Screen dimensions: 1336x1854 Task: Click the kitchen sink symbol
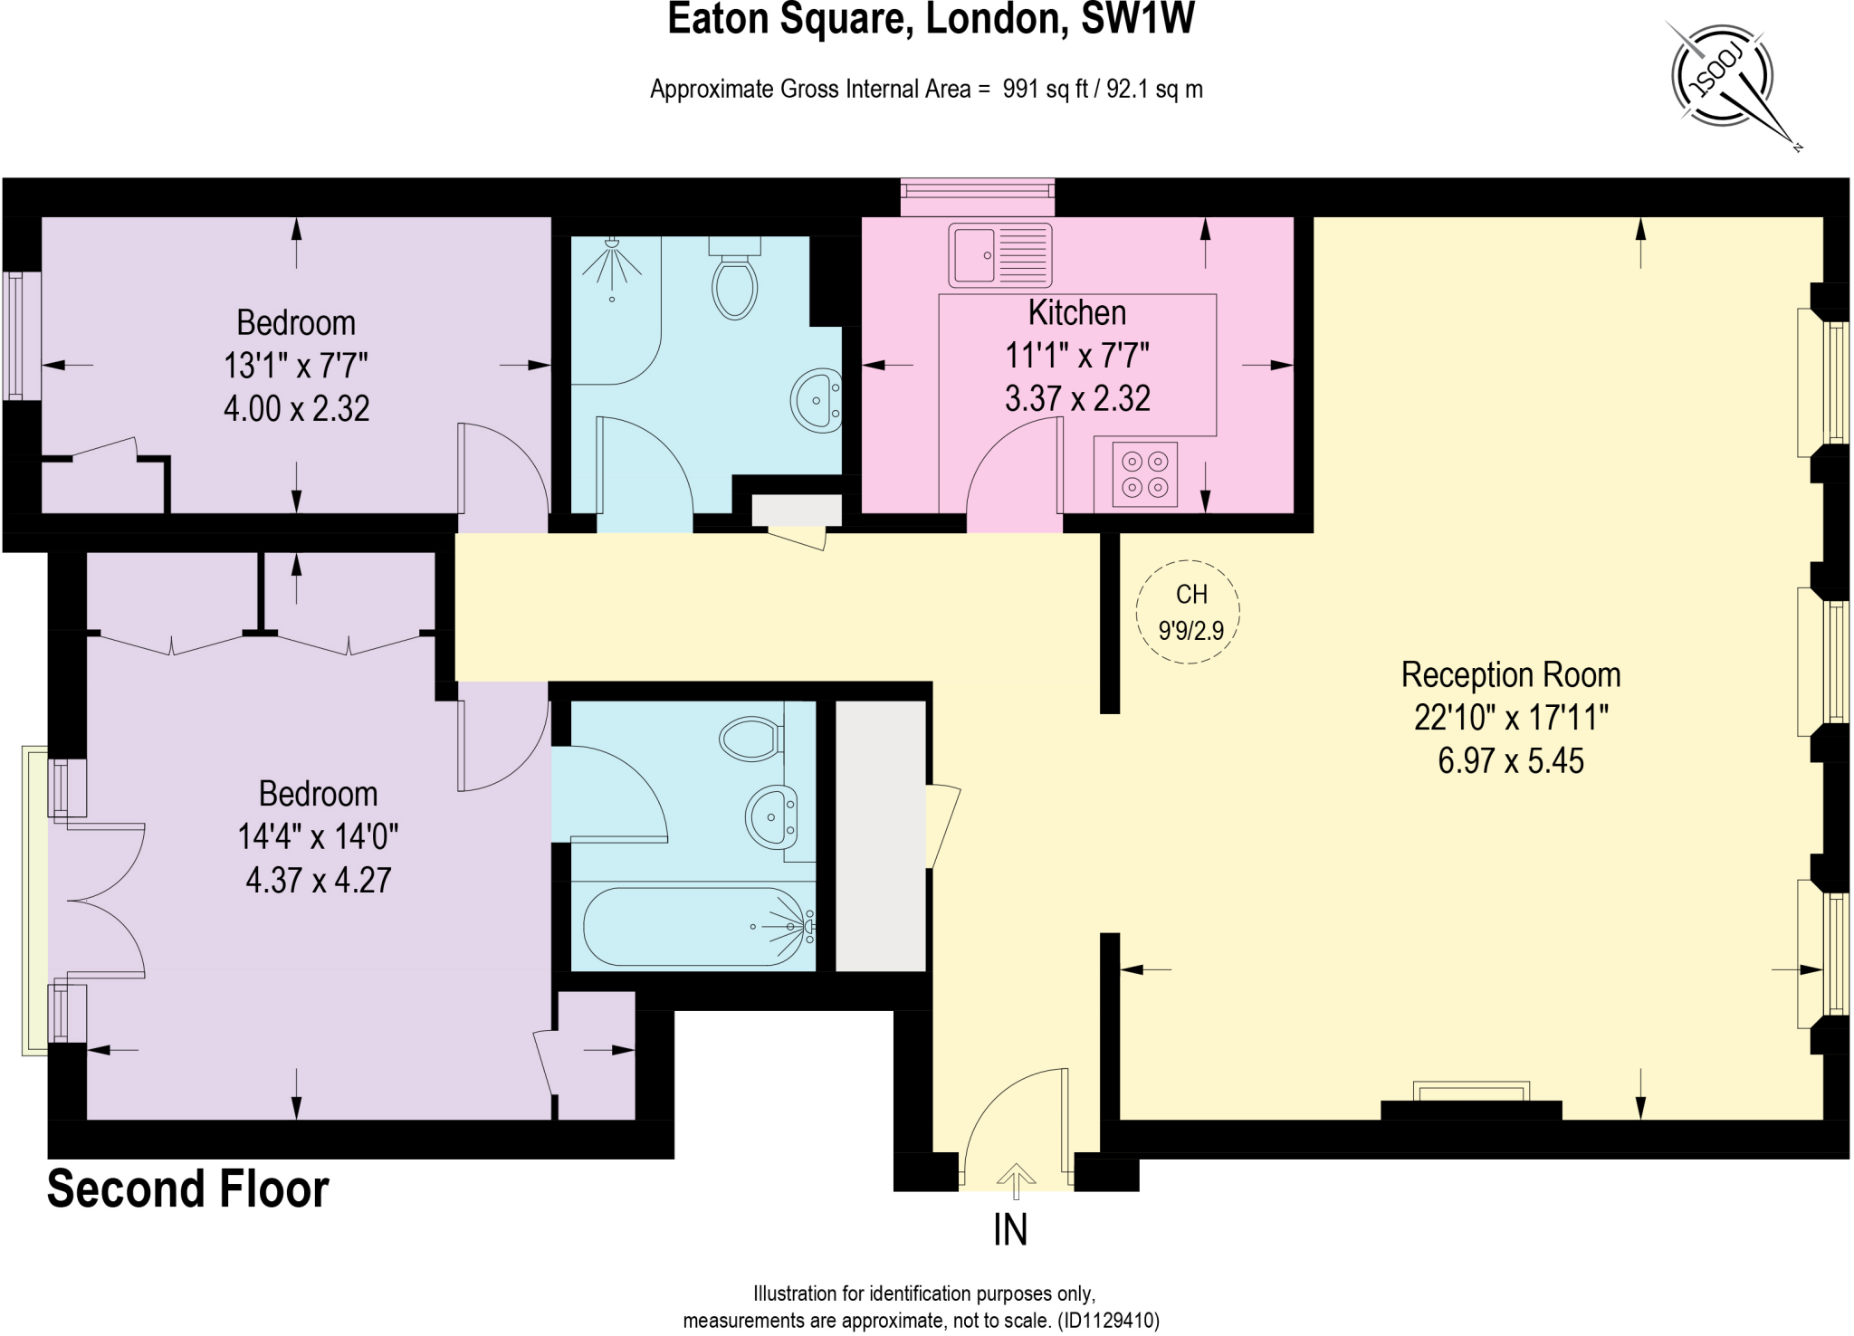pos(999,255)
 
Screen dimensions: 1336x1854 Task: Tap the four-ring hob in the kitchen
pos(1145,474)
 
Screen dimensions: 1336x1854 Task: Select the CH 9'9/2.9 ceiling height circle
pos(1188,612)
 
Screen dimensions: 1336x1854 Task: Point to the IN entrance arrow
pos(1015,1180)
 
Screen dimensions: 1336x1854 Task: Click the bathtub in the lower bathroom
pos(695,927)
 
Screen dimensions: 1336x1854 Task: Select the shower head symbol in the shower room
pos(612,257)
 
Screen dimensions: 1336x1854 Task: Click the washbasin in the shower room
pos(817,400)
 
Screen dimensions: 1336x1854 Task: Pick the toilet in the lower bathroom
pos(751,739)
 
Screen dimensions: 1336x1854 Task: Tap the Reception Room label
pos(1510,675)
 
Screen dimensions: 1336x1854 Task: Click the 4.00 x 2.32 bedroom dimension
pos(296,409)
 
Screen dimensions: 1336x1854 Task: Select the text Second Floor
pos(187,1188)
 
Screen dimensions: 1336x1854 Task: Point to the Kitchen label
pos(1076,313)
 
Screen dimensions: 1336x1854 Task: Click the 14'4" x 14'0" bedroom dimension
pos(318,837)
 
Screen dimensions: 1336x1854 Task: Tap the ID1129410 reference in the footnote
pos(1109,1321)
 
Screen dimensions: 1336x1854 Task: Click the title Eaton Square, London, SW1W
pos(931,20)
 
